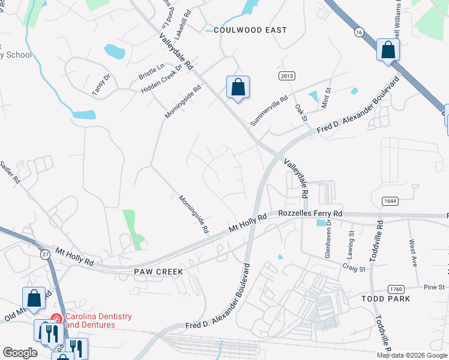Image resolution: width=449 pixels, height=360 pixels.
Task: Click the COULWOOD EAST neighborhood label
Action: [246, 30]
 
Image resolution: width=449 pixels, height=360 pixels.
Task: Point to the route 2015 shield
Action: [287, 76]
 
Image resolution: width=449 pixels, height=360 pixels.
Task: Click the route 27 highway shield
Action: [45, 254]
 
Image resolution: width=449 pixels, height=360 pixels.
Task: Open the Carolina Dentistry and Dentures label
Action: [98, 320]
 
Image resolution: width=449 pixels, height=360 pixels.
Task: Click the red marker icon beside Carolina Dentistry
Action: [56, 319]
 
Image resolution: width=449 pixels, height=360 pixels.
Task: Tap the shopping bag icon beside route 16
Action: [388, 50]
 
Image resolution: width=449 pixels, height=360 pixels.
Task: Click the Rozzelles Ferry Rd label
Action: [310, 214]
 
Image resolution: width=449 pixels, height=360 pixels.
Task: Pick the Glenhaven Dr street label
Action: [329, 230]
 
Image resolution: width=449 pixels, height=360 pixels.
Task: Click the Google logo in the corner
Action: [20, 353]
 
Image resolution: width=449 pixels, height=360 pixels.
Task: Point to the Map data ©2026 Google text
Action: [411, 355]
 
